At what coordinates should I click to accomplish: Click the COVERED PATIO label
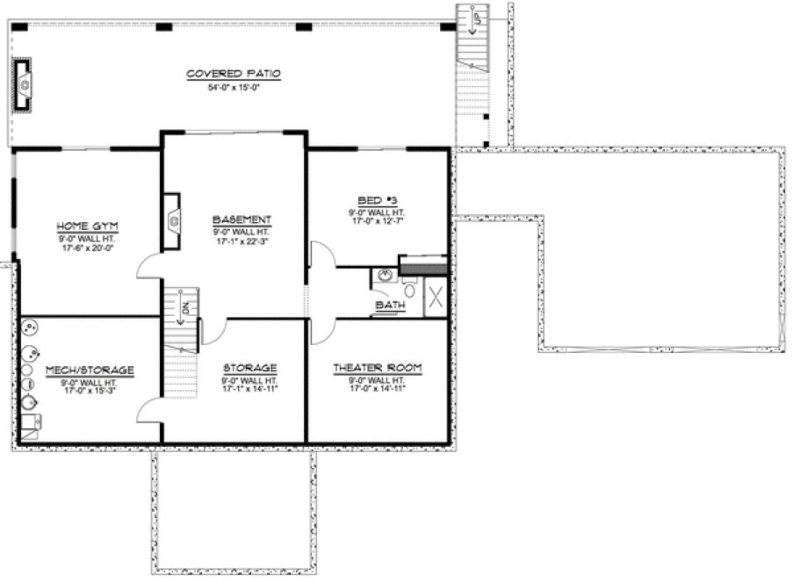point(233,74)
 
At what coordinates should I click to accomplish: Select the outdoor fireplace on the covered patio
point(24,85)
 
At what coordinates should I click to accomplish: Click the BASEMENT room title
point(242,220)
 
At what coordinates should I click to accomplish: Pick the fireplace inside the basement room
point(172,221)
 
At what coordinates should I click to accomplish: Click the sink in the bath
point(384,276)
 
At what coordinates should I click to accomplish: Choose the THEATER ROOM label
point(378,369)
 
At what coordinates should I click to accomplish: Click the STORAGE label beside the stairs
point(250,368)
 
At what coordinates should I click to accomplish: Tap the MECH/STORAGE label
point(90,371)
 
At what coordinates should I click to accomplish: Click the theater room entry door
point(321,329)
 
